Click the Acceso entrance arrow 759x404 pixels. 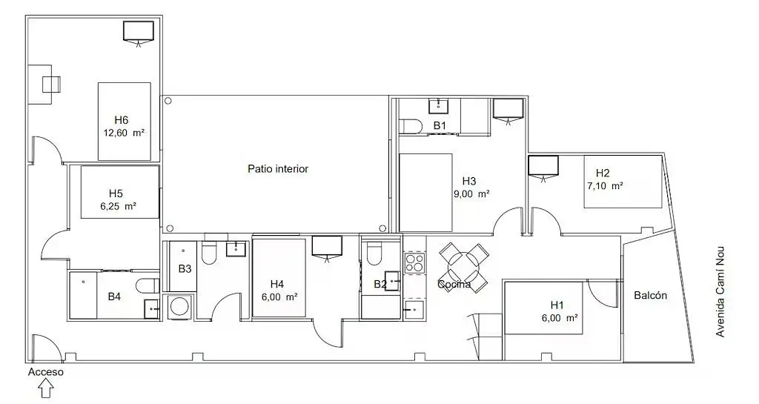click(x=46, y=388)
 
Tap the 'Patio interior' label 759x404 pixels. click(x=277, y=169)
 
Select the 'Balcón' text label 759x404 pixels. click(x=650, y=295)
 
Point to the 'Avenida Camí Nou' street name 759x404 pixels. click(x=720, y=292)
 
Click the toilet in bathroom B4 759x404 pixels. click(x=147, y=285)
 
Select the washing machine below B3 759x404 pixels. click(x=179, y=307)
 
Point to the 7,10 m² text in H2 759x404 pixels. click(x=604, y=186)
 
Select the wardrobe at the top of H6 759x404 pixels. click(x=138, y=31)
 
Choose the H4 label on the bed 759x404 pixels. click(x=277, y=283)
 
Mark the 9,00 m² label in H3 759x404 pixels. click(x=471, y=193)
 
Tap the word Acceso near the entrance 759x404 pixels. click(x=46, y=372)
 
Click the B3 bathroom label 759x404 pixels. click(x=185, y=268)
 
